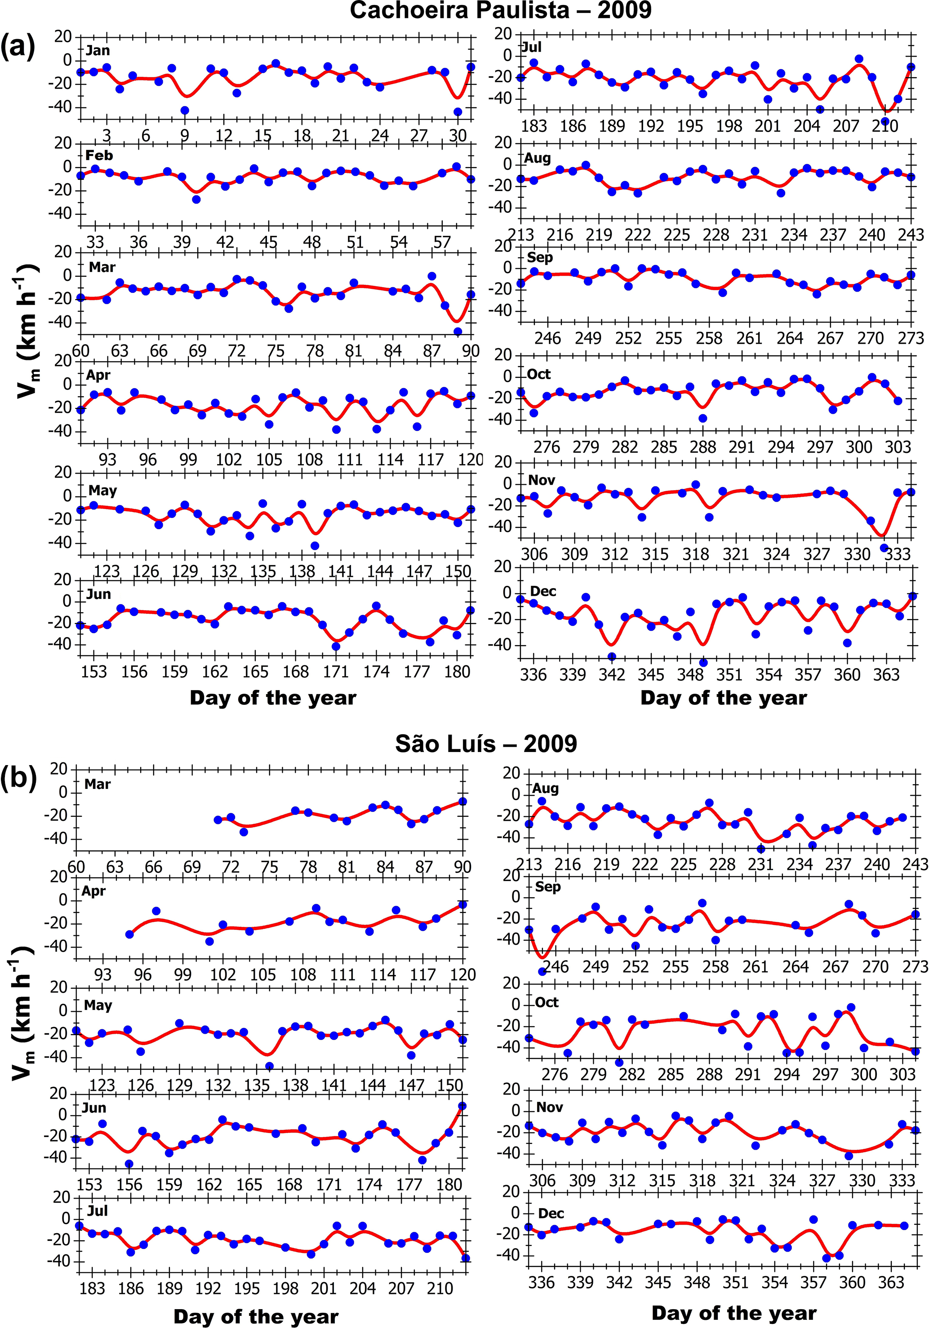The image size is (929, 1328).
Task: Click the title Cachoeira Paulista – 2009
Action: click(x=500, y=10)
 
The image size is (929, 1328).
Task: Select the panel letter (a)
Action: click(x=18, y=45)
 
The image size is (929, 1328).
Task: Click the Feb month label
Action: click(x=99, y=155)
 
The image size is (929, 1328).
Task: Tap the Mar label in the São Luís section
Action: click(x=97, y=784)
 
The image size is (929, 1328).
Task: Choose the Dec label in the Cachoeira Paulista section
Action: click(x=543, y=591)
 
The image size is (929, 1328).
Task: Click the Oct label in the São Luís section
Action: click(x=547, y=1002)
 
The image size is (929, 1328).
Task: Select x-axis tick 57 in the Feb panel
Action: click(x=442, y=242)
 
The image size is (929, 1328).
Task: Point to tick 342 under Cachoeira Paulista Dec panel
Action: click(x=612, y=674)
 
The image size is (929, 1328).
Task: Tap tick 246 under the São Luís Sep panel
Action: click(x=556, y=966)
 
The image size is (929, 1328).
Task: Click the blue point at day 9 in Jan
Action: click(x=185, y=111)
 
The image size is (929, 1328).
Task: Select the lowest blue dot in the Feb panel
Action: click(x=196, y=199)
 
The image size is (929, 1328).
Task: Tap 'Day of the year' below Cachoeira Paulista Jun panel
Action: click(x=273, y=698)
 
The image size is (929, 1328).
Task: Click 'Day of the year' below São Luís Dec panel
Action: click(x=733, y=1313)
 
